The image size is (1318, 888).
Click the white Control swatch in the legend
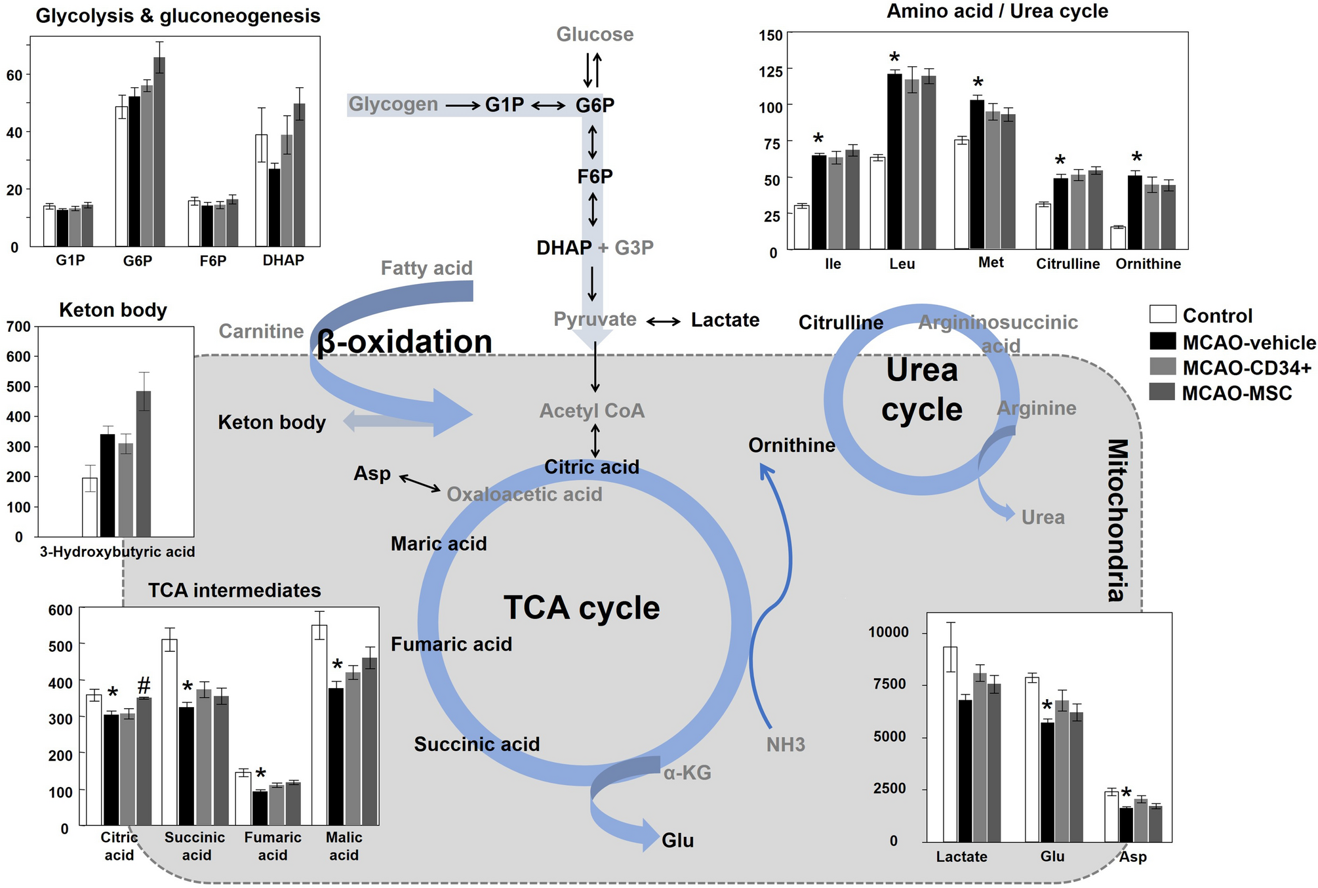(x=1163, y=315)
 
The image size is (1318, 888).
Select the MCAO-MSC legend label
(x=1237, y=394)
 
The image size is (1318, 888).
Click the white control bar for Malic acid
(x=319, y=724)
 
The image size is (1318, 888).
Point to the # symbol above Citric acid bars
(x=144, y=686)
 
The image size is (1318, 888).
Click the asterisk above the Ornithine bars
(x=1137, y=158)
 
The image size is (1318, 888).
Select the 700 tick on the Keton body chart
(x=19, y=327)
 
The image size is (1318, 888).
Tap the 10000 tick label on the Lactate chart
(x=889, y=632)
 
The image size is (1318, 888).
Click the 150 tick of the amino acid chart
(x=771, y=35)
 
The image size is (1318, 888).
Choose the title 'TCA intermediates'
(x=234, y=590)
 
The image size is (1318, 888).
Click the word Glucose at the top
(x=595, y=34)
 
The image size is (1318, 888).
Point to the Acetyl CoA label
(x=591, y=411)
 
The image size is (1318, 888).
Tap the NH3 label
(x=786, y=744)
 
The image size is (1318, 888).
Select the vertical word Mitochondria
(x=1117, y=520)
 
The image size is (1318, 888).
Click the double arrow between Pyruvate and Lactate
(x=664, y=321)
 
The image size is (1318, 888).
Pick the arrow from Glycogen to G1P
(x=462, y=105)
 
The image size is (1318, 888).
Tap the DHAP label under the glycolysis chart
(x=283, y=260)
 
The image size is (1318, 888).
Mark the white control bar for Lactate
(x=950, y=744)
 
